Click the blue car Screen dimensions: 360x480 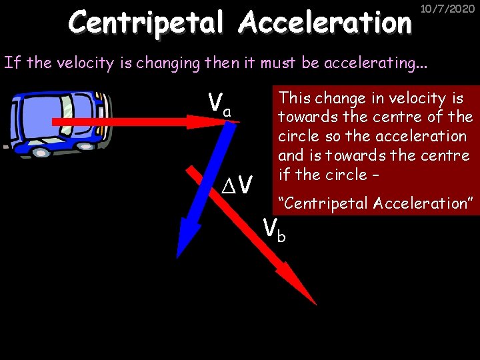click(x=56, y=122)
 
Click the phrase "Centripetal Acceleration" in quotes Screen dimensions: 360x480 click(x=375, y=203)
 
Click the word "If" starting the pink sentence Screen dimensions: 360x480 click(x=11, y=63)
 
